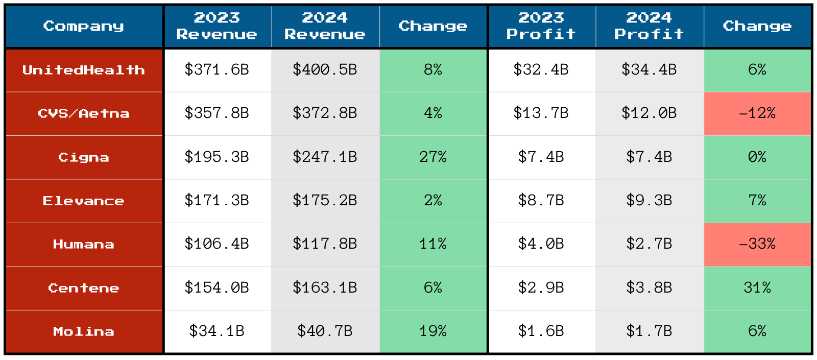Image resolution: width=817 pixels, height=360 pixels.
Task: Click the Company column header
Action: pos(84,26)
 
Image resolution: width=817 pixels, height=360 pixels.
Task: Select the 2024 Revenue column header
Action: pos(325,26)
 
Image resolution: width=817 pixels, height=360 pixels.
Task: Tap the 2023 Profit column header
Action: pos(541,26)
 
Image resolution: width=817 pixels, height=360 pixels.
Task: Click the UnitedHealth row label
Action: pos(84,70)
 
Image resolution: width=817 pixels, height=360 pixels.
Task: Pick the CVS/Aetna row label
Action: pos(84,113)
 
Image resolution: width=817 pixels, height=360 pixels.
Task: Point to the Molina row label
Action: pos(84,331)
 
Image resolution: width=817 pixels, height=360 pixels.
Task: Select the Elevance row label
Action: pos(84,201)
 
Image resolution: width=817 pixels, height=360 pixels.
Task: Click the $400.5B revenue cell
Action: pos(325,70)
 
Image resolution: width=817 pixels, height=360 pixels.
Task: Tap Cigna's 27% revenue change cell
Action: pos(432,157)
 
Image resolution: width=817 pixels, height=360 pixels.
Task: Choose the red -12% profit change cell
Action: pos(757,113)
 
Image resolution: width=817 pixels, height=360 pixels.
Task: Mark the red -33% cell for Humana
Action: pos(757,244)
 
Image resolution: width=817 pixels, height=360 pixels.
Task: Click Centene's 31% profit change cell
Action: pos(757,288)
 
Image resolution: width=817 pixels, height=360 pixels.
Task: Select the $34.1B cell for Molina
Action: pos(217,331)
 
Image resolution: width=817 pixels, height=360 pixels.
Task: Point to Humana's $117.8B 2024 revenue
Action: pos(325,244)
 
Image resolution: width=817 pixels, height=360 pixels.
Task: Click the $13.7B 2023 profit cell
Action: pos(541,113)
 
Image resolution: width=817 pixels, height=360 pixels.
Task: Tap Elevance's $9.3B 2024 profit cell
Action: pos(649,201)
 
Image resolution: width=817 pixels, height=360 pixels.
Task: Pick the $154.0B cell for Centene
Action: pos(217,288)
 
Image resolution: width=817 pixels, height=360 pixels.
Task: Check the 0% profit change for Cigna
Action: pos(757,157)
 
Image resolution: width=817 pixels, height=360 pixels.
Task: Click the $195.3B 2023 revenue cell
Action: pos(217,157)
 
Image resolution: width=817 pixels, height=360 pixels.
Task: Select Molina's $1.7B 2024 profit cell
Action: pos(649,331)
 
